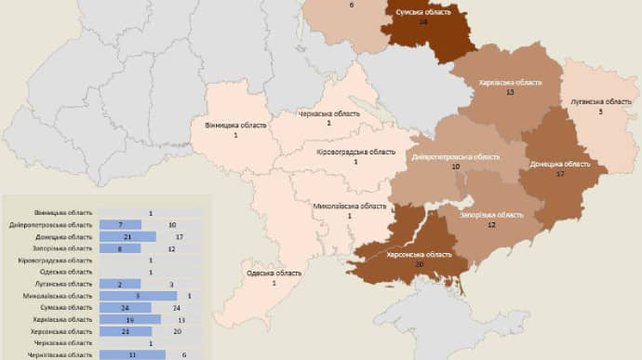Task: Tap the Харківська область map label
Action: point(509,83)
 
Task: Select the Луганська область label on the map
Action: point(600,100)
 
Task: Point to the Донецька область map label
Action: point(560,164)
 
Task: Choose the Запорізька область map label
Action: point(491,214)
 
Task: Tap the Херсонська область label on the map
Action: point(421,254)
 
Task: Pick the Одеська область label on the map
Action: point(274,273)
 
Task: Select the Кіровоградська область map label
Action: point(355,152)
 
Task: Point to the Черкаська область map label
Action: point(328,113)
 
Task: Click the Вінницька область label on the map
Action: point(235,125)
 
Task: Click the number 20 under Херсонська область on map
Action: point(421,264)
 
